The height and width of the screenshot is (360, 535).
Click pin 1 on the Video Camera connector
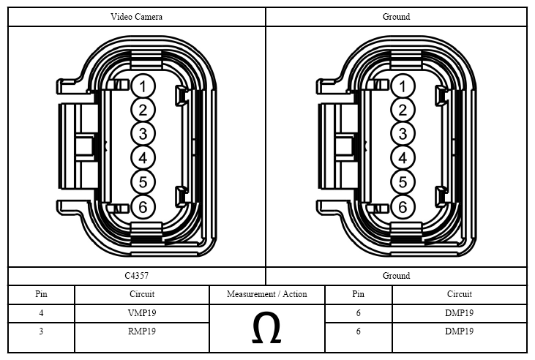click(x=143, y=86)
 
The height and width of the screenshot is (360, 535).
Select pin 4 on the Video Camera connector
click(x=143, y=158)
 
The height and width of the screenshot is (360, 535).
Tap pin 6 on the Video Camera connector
click(x=143, y=207)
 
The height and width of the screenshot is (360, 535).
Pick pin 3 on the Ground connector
click(x=403, y=134)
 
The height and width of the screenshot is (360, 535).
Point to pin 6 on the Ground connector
click(x=403, y=207)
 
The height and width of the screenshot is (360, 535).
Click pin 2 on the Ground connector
click(x=403, y=110)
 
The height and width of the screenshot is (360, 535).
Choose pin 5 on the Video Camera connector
click(x=143, y=182)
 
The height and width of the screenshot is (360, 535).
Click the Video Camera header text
click(x=136, y=17)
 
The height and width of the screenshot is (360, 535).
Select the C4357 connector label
click(x=136, y=276)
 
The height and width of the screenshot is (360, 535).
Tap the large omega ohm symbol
click(x=266, y=328)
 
